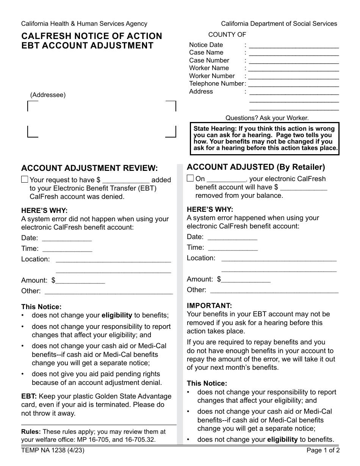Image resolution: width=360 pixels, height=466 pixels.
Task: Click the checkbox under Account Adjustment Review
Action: pos(25,180)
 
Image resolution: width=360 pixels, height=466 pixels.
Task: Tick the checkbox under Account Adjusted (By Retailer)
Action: pos(190,178)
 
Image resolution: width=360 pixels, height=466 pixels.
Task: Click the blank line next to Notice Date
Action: pos(294,45)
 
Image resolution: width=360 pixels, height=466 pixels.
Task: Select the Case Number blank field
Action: pos(294,61)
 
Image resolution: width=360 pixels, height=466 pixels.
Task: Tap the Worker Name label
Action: pos(209,68)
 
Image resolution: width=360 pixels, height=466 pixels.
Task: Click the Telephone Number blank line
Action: pos(294,84)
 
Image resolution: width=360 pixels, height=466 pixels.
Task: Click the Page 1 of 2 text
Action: pos(323,450)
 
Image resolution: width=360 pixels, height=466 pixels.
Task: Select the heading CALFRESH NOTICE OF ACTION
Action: pos(92,36)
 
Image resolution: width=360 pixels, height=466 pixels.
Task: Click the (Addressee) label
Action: pos(48,95)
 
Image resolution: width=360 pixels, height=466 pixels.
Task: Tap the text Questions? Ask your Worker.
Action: pos(267,118)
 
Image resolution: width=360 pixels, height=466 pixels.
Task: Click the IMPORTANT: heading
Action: pos(209,305)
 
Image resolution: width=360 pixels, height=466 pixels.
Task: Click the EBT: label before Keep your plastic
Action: pos(29,396)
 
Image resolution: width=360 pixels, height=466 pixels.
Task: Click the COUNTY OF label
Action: pos(227,35)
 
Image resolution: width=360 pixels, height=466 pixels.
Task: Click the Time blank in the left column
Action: pos(67,249)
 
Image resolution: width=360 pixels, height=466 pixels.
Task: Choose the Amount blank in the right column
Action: pos(246,280)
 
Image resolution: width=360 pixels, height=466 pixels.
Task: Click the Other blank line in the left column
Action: pos(108,292)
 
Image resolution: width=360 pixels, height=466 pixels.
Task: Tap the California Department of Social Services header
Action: pos(279,23)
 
